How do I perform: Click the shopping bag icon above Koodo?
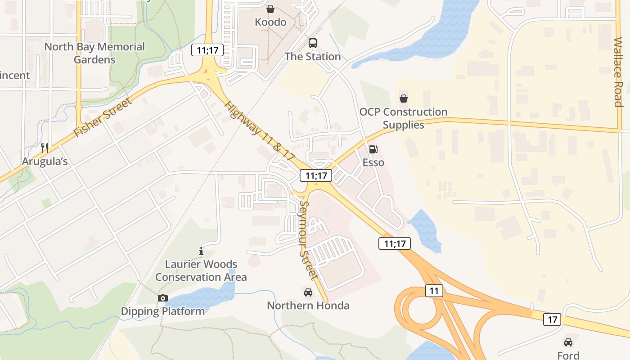click(270, 9)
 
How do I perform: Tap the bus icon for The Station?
click(313, 43)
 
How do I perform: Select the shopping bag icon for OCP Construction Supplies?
click(404, 99)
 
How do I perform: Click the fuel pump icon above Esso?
click(373, 149)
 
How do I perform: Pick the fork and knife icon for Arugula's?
click(45, 148)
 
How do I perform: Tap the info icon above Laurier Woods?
click(201, 251)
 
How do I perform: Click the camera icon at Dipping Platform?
click(162, 298)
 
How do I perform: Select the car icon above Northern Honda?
click(308, 292)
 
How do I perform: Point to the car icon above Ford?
click(568, 342)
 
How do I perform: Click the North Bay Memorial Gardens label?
click(94, 53)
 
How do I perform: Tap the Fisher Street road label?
click(103, 118)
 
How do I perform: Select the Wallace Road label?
click(618, 72)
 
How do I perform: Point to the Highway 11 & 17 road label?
click(260, 131)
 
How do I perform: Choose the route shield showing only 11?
click(434, 291)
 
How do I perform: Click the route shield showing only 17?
click(552, 319)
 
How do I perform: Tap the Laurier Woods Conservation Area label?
click(201, 270)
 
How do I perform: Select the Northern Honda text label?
click(308, 306)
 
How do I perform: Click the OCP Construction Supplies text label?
click(404, 118)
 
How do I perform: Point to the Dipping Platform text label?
click(163, 311)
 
